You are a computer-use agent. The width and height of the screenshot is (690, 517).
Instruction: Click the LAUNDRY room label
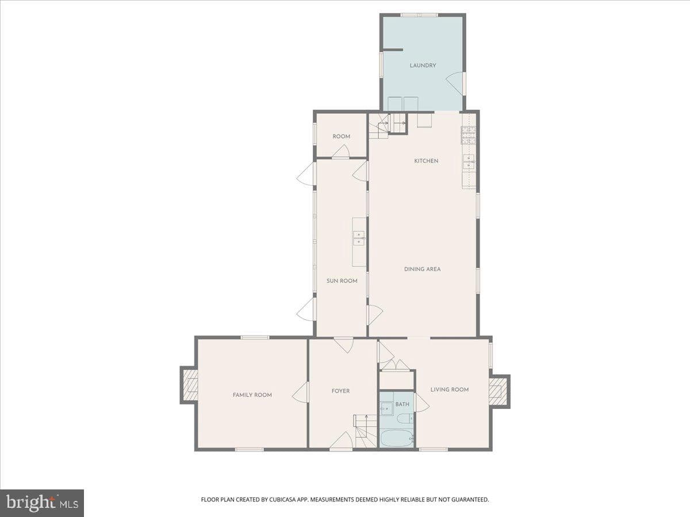point(423,65)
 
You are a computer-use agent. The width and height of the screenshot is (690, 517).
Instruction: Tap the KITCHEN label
point(426,161)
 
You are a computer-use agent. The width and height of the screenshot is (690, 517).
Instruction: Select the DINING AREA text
point(422,269)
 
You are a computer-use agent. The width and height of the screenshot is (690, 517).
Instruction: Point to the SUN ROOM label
point(342,281)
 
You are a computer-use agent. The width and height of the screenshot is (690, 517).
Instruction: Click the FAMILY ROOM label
point(252,395)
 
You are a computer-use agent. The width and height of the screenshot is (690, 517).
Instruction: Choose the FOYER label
point(340,391)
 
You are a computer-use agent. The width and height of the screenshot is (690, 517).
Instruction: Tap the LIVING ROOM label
point(450,389)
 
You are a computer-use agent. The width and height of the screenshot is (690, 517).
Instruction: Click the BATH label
point(402,404)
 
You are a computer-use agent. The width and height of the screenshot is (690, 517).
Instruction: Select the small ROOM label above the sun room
point(342,137)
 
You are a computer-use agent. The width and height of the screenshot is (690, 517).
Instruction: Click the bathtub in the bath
point(396,438)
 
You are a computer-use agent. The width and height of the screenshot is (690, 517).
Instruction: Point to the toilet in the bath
point(405,418)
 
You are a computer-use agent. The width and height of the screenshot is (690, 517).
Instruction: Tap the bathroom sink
point(386,408)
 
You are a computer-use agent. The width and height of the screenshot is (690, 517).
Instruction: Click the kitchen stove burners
point(469,135)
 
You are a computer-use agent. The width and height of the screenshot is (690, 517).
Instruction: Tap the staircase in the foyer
point(365,431)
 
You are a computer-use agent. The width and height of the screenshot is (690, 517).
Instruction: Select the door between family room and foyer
point(300,392)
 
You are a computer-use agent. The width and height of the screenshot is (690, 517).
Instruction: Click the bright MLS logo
point(42,503)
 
